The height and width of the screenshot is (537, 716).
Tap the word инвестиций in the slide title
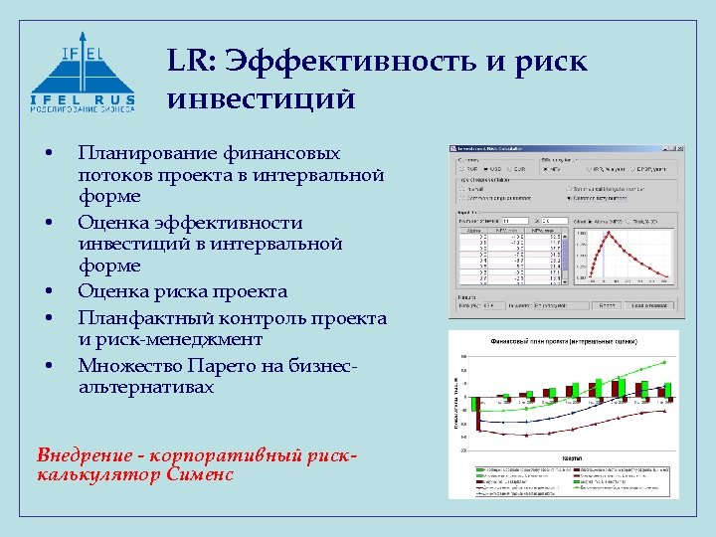[x=262, y=99]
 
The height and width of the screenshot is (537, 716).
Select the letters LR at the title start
[x=188, y=62]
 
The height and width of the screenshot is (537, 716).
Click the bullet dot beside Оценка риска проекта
[x=47, y=292]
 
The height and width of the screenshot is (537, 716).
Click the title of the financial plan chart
[x=565, y=340]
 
